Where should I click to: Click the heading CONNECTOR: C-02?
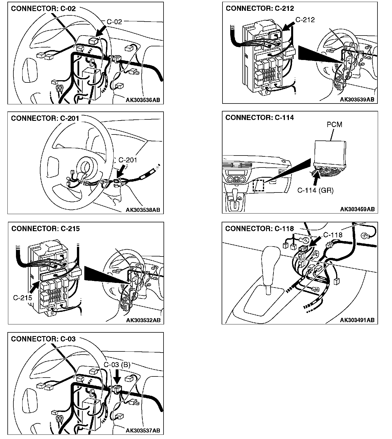(x=43, y=9)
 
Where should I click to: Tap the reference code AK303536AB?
(x=143, y=100)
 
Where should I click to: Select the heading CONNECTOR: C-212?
(x=260, y=9)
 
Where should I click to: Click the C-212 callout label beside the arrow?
(x=305, y=20)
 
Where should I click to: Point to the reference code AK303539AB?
(x=357, y=99)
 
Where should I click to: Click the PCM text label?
(x=334, y=125)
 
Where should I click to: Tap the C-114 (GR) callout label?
(x=315, y=190)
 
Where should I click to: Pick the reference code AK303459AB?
(x=357, y=209)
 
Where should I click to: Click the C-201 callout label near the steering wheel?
(x=127, y=160)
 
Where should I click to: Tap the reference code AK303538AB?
(x=143, y=210)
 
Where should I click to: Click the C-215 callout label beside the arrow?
(x=23, y=298)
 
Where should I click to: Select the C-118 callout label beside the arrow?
(x=333, y=235)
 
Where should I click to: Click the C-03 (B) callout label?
(x=117, y=365)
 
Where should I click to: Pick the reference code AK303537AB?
(x=143, y=431)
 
